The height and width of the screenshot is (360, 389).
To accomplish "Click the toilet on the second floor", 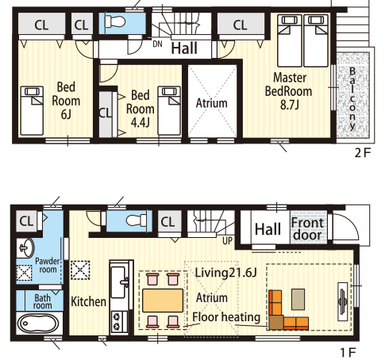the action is tap(115, 21).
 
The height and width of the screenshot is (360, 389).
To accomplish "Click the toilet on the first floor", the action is tap(136, 220).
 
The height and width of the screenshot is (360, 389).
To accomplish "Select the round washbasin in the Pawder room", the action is tap(26, 247).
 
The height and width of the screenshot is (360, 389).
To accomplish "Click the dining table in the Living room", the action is tap(163, 301).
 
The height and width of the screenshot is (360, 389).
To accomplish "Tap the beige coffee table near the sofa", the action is tap(298, 299).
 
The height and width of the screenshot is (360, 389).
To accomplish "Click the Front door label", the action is tap(308, 229).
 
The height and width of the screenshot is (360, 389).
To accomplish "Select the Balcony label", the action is tap(352, 98).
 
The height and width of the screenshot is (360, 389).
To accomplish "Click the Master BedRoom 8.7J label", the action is tap(289, 91).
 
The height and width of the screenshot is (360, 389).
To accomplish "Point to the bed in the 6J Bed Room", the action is tap(32, 110).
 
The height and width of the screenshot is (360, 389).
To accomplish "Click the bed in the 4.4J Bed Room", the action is tap(169, 110).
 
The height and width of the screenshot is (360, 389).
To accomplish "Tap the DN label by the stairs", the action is tap(157, 44).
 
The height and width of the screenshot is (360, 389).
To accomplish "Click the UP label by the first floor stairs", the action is tap(227, 241).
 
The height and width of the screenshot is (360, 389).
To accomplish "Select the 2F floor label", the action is tap(363, 152).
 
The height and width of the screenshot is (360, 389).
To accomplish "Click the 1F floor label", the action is tap(348, 352).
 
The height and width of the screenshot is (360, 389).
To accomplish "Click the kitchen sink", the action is tap(118, 281).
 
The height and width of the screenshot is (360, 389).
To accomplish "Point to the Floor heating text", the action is tap(226, 317).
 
